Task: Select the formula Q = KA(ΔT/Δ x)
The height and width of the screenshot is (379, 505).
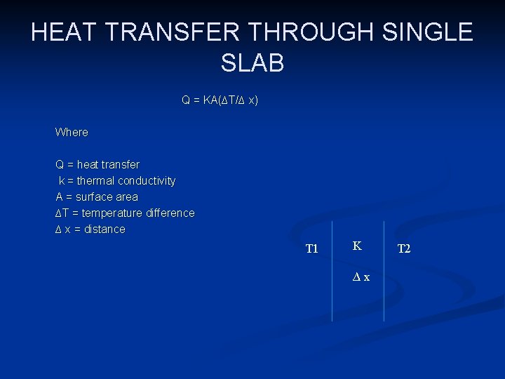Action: [x=220, y=100]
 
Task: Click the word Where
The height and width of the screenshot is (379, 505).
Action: [x=72, y=132]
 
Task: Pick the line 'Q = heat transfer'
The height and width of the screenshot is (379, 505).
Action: [x=97, y=164]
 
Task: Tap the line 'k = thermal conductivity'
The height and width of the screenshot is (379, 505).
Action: [x=116, y=180]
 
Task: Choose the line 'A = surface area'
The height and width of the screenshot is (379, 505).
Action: [x=97, y=197]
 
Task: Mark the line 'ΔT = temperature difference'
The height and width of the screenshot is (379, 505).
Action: [x=125, y=213]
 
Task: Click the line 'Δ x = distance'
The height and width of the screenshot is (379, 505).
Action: [x=90, y=229]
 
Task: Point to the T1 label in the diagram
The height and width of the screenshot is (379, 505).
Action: [x=311, y=249]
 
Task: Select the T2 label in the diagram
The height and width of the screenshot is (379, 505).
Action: [x=404, y=249]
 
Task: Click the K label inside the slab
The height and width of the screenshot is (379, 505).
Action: [x=357, y=246]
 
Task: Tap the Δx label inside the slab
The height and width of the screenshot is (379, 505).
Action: [x=361, y=277]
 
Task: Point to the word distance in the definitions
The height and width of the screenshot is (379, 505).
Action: [x=105, y=229]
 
